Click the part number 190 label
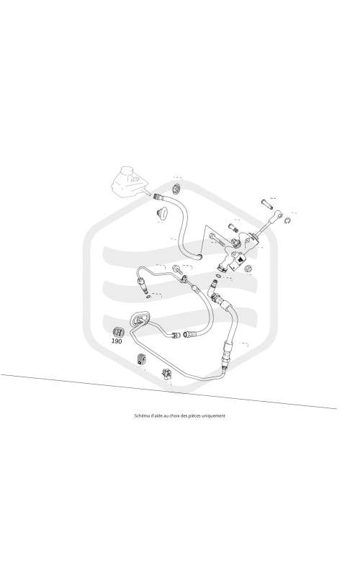tap(117, 341)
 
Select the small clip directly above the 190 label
tap(117, 331)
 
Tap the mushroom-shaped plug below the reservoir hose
tap(161, 213)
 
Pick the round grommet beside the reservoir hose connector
tap(177, 189)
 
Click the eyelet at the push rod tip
tap(279, 214)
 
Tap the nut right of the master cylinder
tap(248, 269)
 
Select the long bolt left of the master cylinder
tap(218, 240)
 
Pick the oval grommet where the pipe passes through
tap(139, 318)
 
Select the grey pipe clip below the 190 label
tap(141, 359)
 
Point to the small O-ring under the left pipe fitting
tap(148, 296)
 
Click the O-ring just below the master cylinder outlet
tap(220, 276)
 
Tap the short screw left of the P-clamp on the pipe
tap(176, 269)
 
